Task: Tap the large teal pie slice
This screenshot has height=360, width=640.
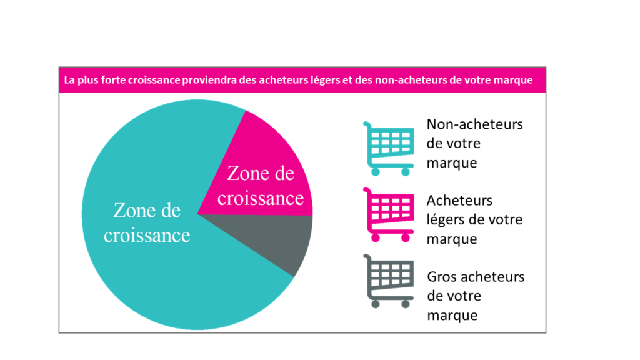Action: coord(150,262)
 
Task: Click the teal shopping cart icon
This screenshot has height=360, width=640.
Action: coord(388,147)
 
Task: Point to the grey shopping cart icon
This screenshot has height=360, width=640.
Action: coord(388,281)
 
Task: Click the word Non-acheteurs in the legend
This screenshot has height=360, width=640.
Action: coord(474,124)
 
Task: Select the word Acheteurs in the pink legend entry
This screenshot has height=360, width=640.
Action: coord(459,201)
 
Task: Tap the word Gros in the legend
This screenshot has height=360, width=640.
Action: coord(442,277)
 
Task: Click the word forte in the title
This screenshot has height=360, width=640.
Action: coord(104,80)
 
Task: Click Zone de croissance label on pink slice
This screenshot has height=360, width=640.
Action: coord(261,186)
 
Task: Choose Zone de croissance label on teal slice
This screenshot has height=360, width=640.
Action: coord(147,222)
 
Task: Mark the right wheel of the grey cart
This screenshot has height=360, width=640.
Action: coord(405,304)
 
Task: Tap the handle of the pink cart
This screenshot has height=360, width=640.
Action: coord(366,191)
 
